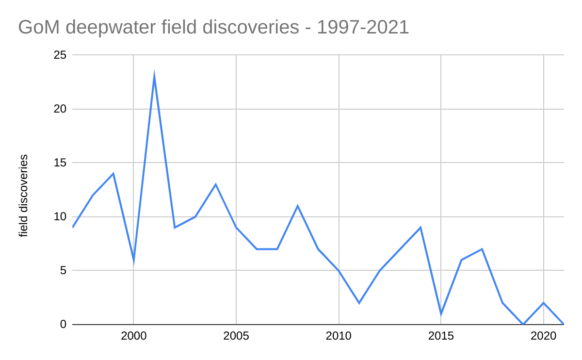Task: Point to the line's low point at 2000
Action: [x=133, y=260]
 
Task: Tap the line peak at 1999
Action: [x=113, y=174]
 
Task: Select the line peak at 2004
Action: [x=215, y=184]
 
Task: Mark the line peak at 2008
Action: [x=297, y=206]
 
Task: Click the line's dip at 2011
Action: [x=359, y=303]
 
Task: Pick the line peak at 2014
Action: [x=420, y=228]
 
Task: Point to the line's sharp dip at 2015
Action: [x=441, y=313]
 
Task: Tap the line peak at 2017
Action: [x=482, y=249]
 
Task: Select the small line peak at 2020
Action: [x=543, y=303]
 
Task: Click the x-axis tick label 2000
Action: [x=133, y=336]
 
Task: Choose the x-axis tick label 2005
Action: [x=236, y=336]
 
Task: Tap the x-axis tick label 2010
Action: [x=339, y=336]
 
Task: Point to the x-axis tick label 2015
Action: [x=441, y=336]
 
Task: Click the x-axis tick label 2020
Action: [x=543, y=336]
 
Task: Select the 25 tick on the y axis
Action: [x=60, y=55]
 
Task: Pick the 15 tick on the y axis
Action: [x=60, y=163]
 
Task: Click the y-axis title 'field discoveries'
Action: [x=24, y=196]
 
